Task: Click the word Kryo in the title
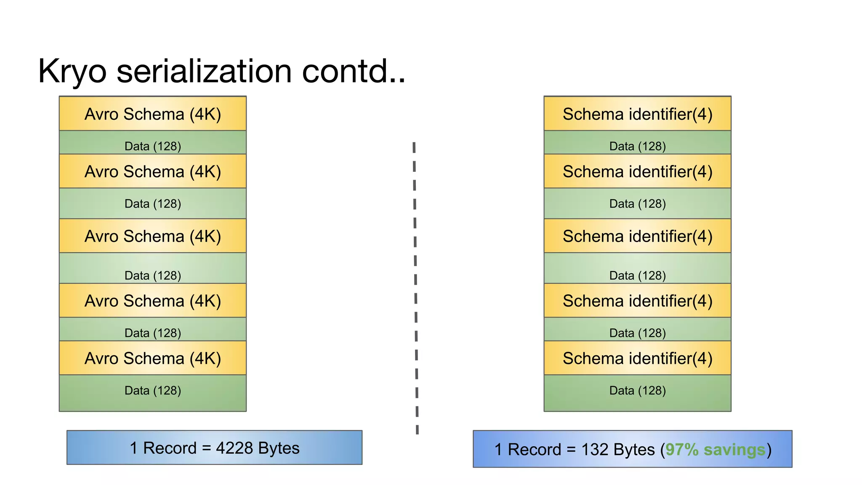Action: (x=72, y=72)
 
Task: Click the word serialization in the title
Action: (x=204, y=71)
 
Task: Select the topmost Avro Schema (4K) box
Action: (x=153, y=114)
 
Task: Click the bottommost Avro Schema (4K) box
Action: (x=153, y=358)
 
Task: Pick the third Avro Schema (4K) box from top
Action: (x=153, y=236)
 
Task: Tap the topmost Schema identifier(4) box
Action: (x=637, y=114)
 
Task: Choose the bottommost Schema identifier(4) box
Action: (x=637, y=358)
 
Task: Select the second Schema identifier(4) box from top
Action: (x=637, y=171)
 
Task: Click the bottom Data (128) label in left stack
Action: (x=153, y=391)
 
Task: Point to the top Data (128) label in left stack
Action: (x=153, y=146)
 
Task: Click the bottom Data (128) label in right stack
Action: (x=637, y=391)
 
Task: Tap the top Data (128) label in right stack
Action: (x=637, y=146)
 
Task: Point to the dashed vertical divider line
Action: (x=415, y=286)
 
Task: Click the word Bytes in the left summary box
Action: (x=279, y=448)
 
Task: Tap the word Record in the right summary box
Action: (x=535, y=450)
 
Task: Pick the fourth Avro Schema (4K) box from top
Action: (x=153, y=301)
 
